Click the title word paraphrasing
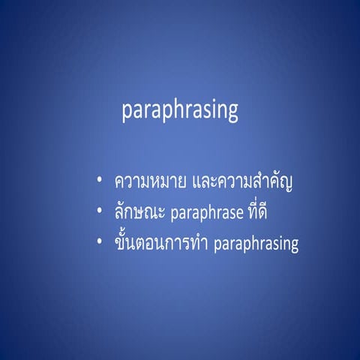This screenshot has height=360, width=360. pyautogui.click(x=180, y=111)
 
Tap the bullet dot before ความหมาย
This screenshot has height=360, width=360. pyautogui.click(x=100, y=181)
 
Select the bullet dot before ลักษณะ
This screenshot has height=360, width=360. pyautogui.click(x=100, y=214)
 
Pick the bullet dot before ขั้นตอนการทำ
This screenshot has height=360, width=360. pyautogui.click(x=100, y=244)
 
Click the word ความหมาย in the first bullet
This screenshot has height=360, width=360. pyautogui.click(x=150, y=182)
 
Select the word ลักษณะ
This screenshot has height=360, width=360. pyautogui.click(x=141, y=214)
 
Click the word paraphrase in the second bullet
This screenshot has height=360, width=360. pyautogui.click(x=206, y=214)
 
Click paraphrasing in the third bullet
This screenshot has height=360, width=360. pyautogui.click(x=256, y=246)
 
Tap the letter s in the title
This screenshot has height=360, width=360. pyautogui.click(x=205, y=112)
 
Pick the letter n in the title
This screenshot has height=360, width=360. pyautogui.click(x=221, y=112)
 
